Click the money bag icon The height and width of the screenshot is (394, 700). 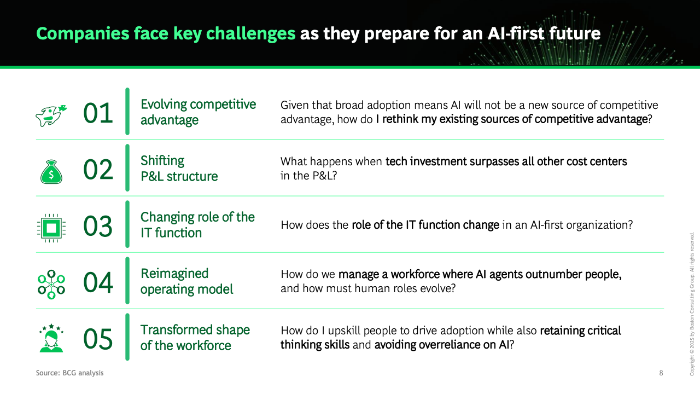[51, 172]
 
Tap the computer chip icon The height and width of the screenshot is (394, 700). [51, 228]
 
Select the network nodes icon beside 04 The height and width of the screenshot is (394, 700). [51, 285]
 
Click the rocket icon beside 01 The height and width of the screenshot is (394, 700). [51, 115]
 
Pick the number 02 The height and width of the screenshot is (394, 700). [98, 170]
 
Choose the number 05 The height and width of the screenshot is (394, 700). [98, 339]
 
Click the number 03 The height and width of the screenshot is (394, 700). [98, 226]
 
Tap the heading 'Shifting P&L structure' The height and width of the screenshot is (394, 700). [179, 169]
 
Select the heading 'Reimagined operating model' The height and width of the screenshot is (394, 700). [187, 281]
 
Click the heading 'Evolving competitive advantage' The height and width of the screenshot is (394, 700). [198, 112]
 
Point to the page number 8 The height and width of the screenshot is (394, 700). [661, 373]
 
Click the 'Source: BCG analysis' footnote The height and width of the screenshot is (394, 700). [69, 373]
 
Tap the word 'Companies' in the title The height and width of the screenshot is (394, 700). [83, 33]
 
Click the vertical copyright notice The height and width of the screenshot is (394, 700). [692, 304]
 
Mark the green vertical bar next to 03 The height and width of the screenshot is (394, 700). [127, 224]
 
